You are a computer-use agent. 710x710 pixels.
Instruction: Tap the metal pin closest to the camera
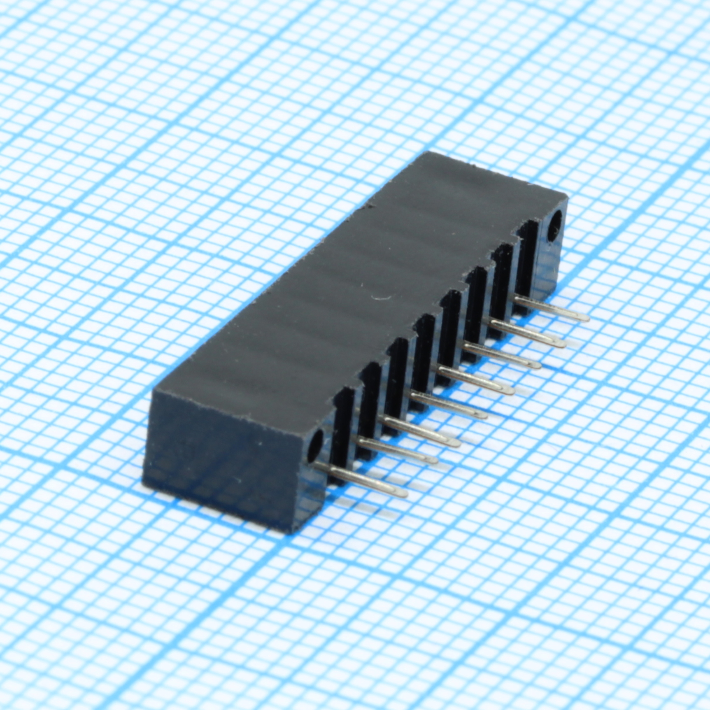362,479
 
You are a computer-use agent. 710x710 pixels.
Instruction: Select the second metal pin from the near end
397,451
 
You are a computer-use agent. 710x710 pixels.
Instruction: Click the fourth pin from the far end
475,381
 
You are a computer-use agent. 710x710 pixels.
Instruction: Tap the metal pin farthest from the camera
552,309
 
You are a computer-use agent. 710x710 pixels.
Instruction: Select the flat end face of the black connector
226,457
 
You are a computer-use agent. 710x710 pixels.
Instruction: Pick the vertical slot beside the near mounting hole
343,420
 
